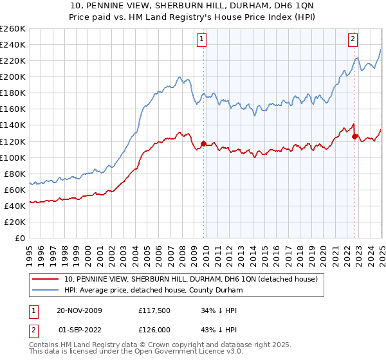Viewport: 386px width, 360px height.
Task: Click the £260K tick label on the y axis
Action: (13, 29)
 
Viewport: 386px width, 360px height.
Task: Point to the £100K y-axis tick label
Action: (13, 157)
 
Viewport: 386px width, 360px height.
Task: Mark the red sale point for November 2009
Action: (204, 143)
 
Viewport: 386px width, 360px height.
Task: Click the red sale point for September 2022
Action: (354, 136)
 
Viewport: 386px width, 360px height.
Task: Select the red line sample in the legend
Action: (46, 280)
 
